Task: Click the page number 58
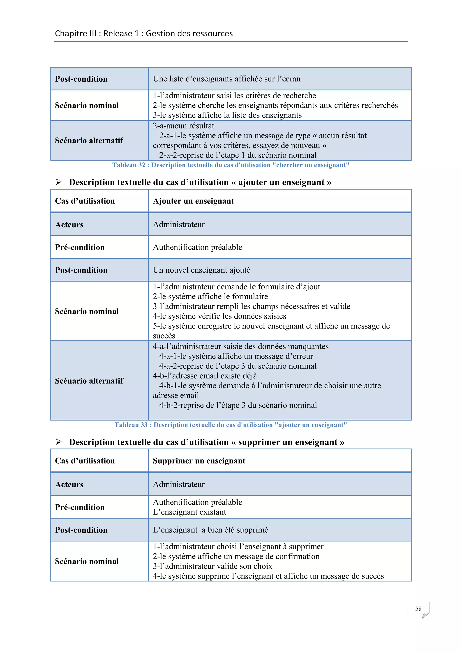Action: [418, 609]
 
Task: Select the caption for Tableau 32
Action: [231, 165]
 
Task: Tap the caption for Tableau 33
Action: [231, 425]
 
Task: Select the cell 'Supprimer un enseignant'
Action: [199, 461]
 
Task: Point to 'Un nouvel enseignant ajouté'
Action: [201, 270]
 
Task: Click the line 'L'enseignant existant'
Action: [189, 512]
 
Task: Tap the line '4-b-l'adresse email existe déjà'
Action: [205, 376]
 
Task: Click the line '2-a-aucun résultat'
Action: [183, 126]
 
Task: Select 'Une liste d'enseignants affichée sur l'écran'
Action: [226, 79]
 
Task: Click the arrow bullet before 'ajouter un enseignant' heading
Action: [59, 182]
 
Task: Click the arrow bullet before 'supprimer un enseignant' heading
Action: [59, 442]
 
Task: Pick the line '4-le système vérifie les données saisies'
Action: [219, 316]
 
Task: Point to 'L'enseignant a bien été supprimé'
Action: [210, 530]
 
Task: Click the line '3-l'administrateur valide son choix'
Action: [213, 566]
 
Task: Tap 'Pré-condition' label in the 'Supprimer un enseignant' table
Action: [80, 507]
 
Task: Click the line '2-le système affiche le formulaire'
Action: [210, 296]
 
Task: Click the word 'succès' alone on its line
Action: [164, 336]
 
